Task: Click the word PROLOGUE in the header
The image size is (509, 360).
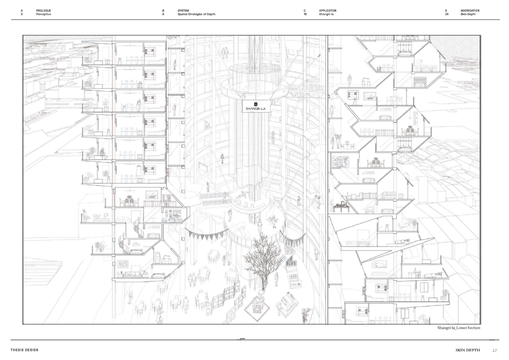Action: coord(44,11)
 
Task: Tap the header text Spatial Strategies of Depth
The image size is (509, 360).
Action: coord(196,14)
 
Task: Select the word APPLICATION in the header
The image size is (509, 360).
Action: coord(328,11)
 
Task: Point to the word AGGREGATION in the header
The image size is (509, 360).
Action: coord(470,11)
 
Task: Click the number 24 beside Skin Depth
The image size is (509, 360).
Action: coord(446,14)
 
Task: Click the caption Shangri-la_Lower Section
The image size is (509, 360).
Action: coord(458,328)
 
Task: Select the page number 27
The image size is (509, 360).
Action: coord(495,350)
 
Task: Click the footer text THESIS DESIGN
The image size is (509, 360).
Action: coord(24,350)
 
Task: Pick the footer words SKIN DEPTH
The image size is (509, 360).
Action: coord(468,350)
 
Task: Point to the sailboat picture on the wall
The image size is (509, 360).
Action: coord(152,194)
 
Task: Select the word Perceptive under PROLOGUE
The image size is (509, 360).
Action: coord(44,14)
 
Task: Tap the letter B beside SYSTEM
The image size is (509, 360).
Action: coord(164,11)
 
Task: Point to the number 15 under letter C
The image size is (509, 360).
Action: coord(305,14)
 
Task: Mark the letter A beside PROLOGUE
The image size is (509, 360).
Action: coord(22,11)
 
